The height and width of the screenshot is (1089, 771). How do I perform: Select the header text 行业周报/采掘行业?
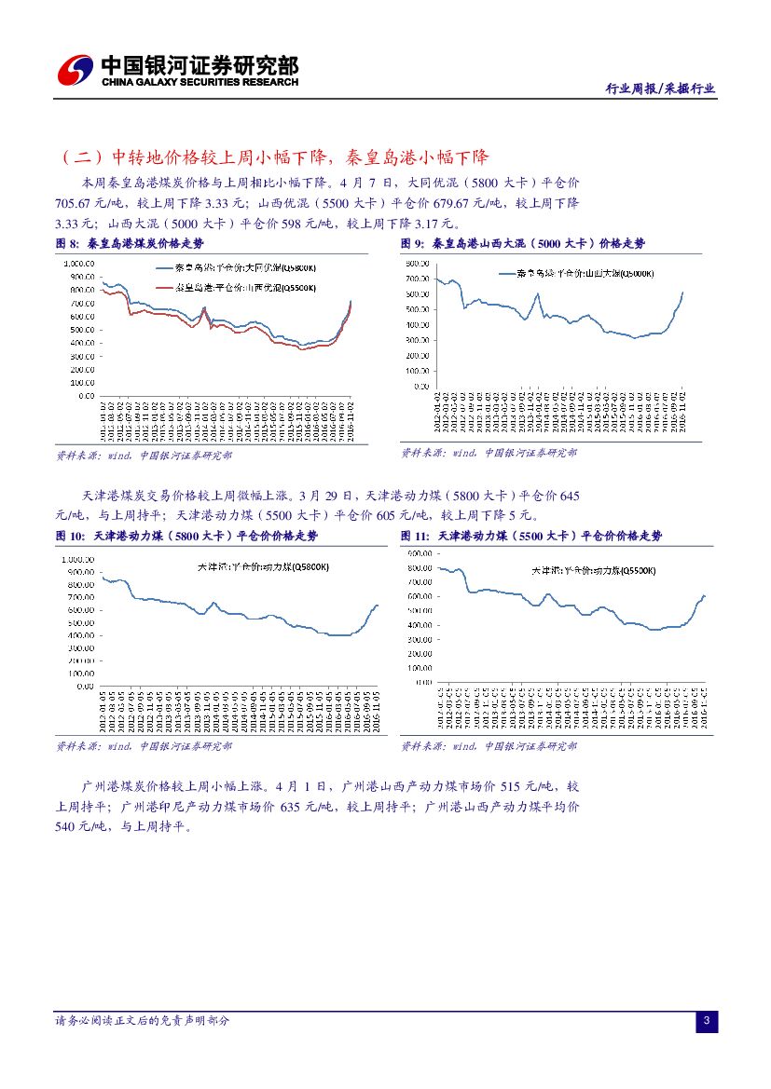click(660, 88)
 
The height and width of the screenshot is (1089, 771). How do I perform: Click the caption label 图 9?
click(412, 243)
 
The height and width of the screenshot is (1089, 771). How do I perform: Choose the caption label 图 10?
click(70, 536)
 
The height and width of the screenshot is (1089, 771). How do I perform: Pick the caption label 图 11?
click(415, 536)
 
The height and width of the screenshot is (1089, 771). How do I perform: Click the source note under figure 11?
click(489, 746)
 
